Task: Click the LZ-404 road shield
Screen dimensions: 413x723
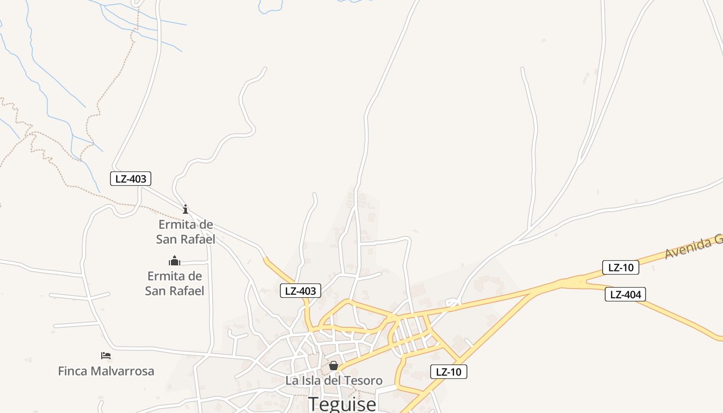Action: coord(625,294)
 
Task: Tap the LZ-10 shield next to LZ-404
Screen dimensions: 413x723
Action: coord(620,267)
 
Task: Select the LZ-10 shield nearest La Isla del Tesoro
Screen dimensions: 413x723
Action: coord(448,372)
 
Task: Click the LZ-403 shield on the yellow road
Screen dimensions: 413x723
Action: coord(300,291)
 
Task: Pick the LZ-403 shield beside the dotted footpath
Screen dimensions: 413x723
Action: coord(131,179)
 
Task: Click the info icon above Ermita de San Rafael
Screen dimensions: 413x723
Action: coord(185,209)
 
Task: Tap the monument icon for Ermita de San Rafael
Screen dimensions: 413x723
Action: coord(175,261)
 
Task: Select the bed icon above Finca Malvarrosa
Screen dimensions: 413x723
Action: coord(106,356)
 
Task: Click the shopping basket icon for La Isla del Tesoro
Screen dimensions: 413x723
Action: coord(334,366)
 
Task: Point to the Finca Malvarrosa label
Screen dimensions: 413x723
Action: coord(106,371)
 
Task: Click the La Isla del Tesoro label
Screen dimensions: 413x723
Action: coord(334,380)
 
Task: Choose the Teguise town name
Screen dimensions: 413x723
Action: coord(342,404)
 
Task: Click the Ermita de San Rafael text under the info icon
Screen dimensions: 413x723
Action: coord(185,232)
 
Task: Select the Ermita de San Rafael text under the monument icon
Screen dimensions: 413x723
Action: coord(175,283)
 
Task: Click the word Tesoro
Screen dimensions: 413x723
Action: coord(361,380)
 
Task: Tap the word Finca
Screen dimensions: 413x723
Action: coord(72,371)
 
